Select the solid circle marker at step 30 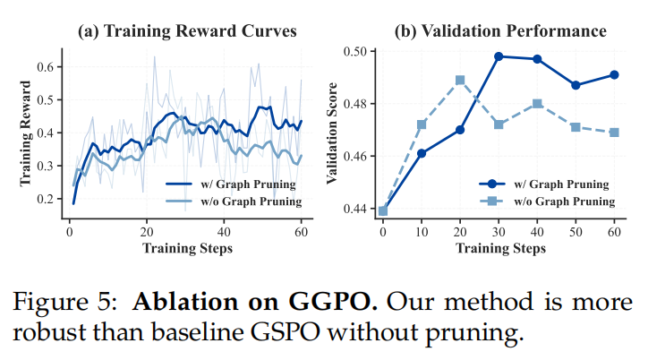point(499,56)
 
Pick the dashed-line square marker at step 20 point(460,80)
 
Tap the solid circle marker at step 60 point(615,74)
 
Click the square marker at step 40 point(537,104)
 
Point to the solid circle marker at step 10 point(422,153)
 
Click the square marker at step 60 point(615,132)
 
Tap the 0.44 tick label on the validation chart point(360,209)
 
